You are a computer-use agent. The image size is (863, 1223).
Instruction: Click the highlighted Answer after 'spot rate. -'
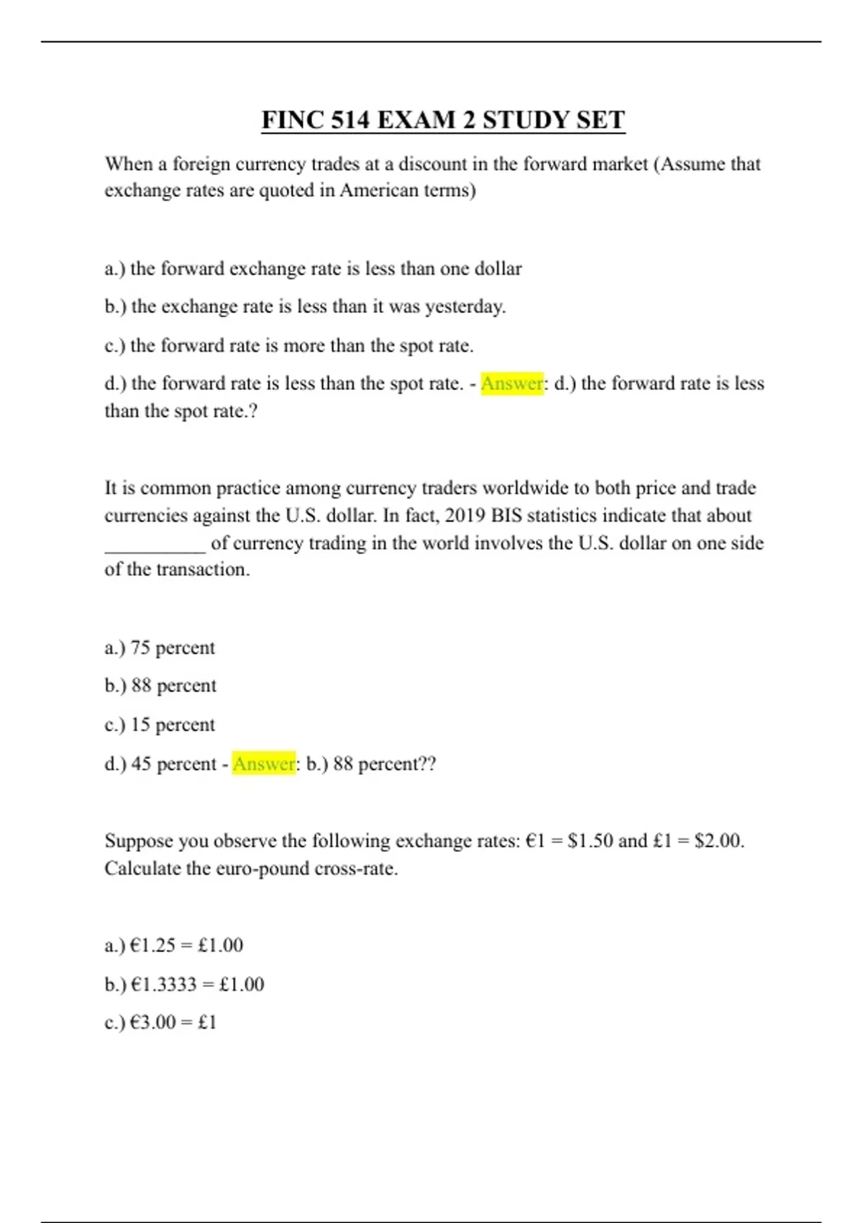[x=512, y=383]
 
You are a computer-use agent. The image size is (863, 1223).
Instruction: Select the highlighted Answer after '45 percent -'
[x=264, y=763]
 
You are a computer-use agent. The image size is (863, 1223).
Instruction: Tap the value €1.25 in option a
[x=152, y=945]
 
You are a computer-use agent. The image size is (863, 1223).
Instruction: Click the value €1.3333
[x=163, y=984]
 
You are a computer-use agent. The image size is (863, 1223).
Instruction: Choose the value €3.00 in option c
[x=152, y=1022]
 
